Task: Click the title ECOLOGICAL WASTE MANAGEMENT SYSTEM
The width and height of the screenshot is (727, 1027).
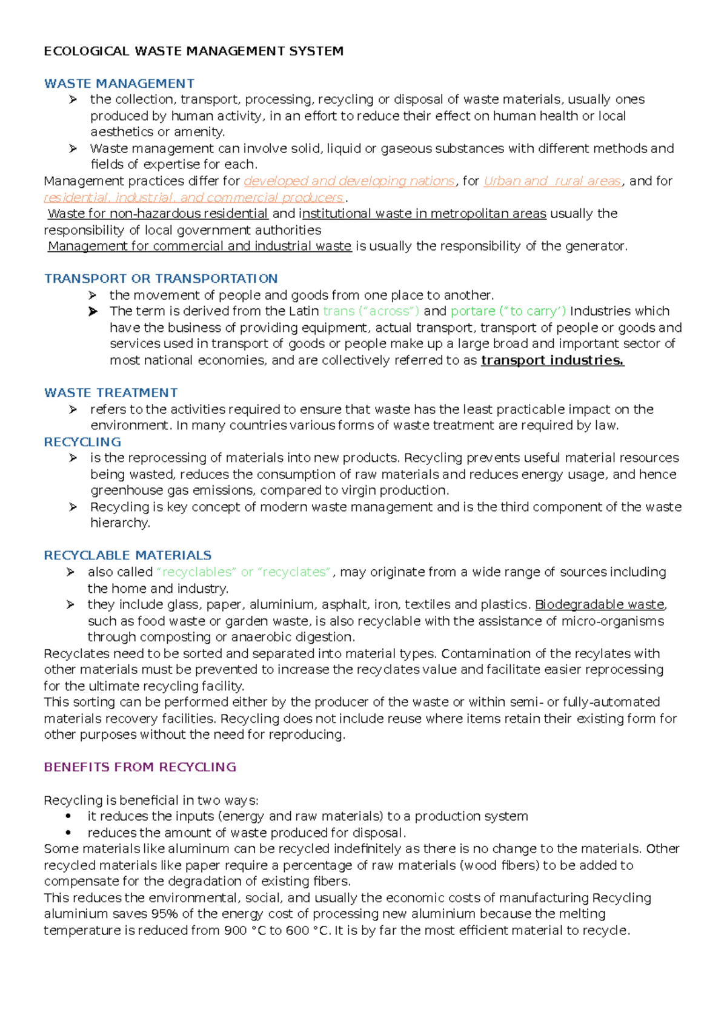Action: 193,51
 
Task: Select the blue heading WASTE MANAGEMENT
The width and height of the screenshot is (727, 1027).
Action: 119,84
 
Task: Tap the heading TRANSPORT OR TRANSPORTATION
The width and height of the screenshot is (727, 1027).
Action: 161,279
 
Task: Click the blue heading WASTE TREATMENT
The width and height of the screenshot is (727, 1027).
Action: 111,393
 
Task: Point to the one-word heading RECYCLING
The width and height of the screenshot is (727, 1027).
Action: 82,442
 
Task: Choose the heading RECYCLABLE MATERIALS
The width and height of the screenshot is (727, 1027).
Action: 127,555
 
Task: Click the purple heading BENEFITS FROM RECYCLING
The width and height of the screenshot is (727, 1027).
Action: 140,767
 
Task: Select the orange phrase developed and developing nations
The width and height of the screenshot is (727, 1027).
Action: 349,181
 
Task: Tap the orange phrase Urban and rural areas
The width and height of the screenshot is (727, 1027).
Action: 553,181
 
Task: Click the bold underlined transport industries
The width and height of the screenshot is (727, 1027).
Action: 552,360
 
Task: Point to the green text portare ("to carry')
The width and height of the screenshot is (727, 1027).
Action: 508,311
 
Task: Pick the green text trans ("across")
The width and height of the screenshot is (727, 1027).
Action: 371,311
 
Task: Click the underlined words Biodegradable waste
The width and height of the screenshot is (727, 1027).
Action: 600,604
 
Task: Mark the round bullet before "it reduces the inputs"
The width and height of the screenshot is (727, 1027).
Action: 68,816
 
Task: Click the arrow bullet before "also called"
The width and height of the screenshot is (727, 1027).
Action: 71,572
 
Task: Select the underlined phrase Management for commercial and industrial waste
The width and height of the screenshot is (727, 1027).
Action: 199,246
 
